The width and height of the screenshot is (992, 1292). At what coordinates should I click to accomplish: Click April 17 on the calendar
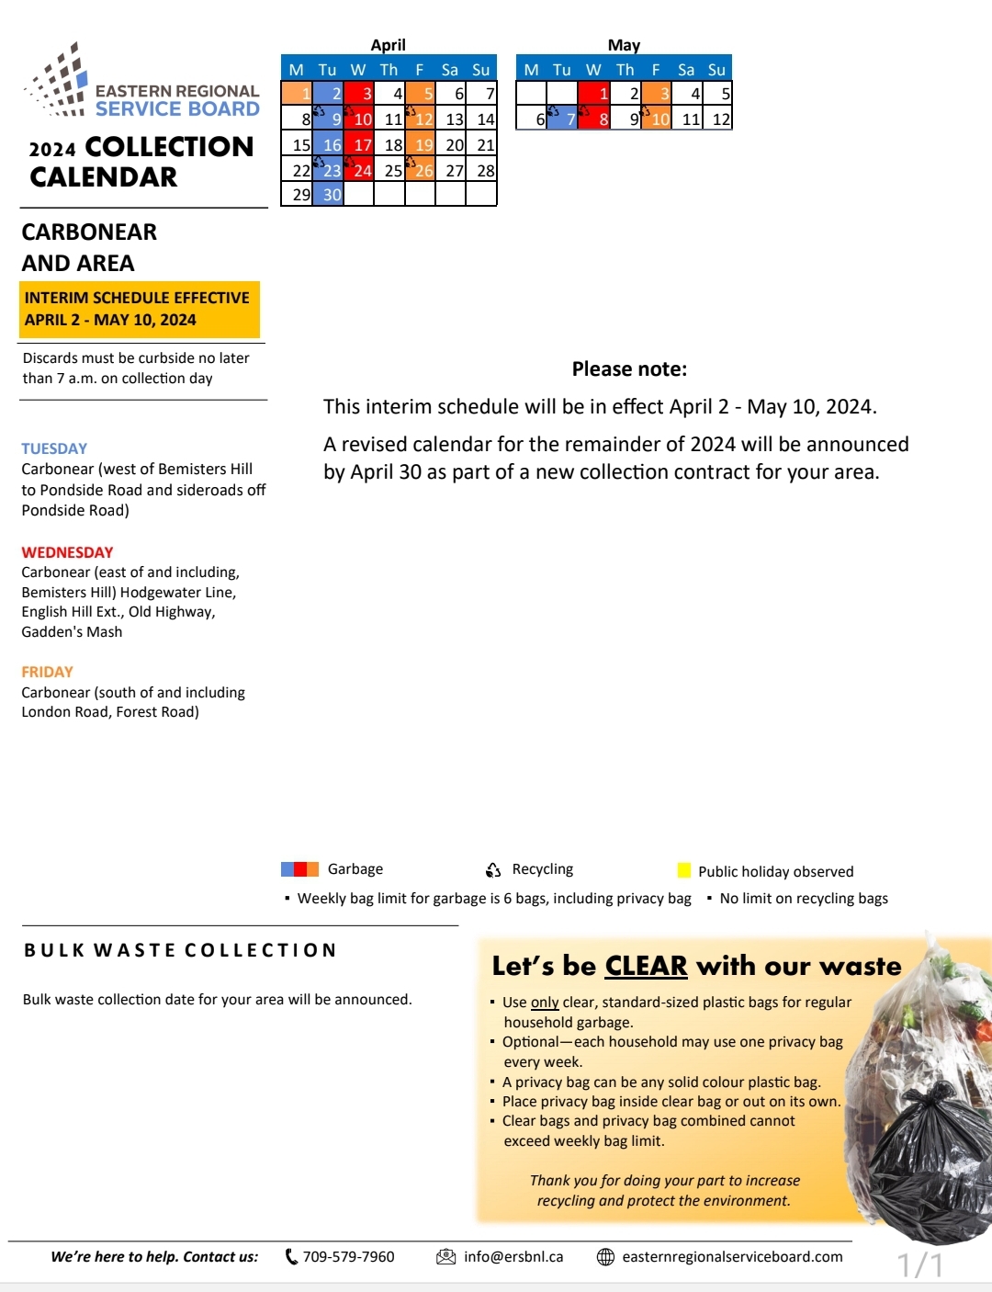pyautogui.click(x=358, y=144)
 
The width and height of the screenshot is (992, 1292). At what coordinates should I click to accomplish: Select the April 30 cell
pyautogui.click(x=328, y=194)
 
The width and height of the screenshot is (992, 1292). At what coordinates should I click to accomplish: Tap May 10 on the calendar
pyautogui.click(x=656, y=119)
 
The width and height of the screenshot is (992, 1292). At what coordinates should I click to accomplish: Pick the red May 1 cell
pyautogui.click(x=593, y=93)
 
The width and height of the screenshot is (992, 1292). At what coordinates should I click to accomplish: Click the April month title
pyautogui.click(x=388, y=45)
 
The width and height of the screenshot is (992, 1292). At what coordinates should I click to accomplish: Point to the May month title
pyautogui.click(x=624, y=45)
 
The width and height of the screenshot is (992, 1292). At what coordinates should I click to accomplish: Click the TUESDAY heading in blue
pyautogui.click(x=54, y=448)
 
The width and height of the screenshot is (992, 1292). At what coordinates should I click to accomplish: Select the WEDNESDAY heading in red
pyautogui.click(x=67, y=552)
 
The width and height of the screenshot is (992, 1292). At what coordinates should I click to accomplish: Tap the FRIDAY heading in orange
pyautogui.click(x=47, y=672)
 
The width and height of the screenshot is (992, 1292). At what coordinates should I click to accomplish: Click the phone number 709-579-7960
pyautogui.click(x=348, y=1256)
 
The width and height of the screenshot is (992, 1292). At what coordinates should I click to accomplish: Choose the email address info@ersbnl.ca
pyautogui.click(x=513, y=1256)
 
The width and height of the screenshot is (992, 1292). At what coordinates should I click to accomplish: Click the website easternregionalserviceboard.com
pyautogui.click(x=732, y=1256)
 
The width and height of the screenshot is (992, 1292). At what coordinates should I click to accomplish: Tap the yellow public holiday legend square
pyautogui.click(x=683, y=870)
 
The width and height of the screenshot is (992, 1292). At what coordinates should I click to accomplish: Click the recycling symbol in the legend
pyautogui.click(x=493, y=869)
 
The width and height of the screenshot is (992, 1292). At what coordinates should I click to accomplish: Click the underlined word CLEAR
pyautogui.click(x=646, y=966)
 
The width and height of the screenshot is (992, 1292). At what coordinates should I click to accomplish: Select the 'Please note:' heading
pyautogui.click(x=629, y=369)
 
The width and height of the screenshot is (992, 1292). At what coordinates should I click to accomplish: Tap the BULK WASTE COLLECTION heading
pyautogui.click(x=180, y=950)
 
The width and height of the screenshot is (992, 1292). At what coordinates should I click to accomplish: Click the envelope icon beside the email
pyautogui.click(x=445, y=1256)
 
